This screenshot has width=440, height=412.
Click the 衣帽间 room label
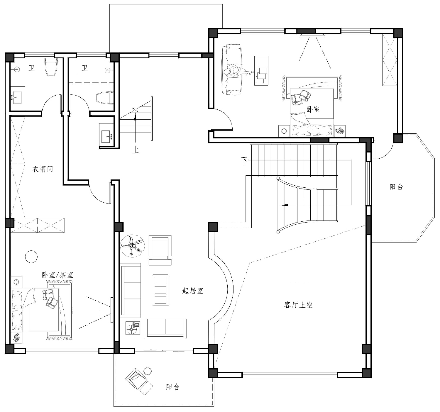43,169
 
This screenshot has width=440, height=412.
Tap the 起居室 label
192,291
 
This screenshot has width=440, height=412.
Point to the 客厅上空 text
298,305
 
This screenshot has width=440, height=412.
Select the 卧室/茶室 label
57,275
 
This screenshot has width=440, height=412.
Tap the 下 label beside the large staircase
244,161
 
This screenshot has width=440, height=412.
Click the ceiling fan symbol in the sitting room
132,246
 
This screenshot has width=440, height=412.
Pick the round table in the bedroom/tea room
31,257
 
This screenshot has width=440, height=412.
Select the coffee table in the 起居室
161,290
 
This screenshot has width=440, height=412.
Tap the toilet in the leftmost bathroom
51,67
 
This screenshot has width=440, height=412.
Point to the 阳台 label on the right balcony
396,187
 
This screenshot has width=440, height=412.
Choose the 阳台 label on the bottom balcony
172,387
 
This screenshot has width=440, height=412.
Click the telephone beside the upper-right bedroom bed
340,130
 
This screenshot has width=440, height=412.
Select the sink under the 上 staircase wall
107,135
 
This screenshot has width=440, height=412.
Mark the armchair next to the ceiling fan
160,250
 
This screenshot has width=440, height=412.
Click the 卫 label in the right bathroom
85,67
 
